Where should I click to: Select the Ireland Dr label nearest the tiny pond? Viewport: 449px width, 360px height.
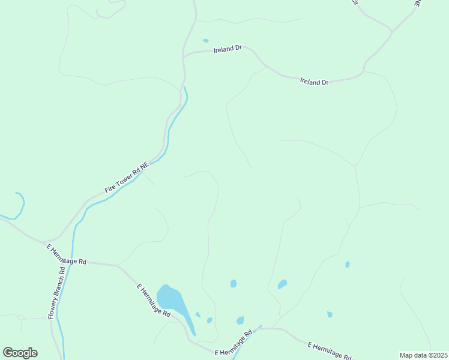pyautogui.click(x=228, y=49)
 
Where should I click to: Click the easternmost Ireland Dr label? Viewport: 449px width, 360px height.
pyautogui.click(x=315, y=82)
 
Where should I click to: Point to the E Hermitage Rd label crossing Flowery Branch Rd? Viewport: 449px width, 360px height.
pyautogui.click(x=67, y=254)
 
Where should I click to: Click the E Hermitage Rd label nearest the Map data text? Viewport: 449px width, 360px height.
pyautogui.click(x=329, y=351)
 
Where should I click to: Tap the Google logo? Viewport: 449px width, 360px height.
pyautogui.click(x=20, y=353)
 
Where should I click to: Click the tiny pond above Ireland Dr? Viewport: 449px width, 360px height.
pyautogui.click(x=206, y=41)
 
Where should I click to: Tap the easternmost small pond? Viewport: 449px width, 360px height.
pyautogui.click(x=348, y=264)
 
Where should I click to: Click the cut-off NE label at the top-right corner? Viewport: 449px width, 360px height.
pyautogui.click(x=418, y=3)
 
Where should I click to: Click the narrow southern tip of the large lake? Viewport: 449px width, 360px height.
pyautogui.click(x=194, y=333)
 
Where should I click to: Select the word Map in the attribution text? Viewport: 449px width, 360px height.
pyautogui.click(x=406, y=355)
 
